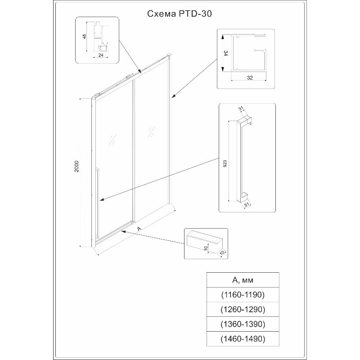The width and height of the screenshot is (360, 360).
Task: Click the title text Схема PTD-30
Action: [179, 14]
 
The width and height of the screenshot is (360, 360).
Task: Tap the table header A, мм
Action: [243, 280]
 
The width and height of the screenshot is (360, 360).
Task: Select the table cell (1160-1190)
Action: [243, 295]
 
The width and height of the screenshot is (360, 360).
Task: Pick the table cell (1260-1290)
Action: [243, 309]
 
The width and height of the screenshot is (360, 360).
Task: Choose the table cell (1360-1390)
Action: [243, 324]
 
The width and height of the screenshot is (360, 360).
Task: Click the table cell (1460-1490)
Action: [243, 339]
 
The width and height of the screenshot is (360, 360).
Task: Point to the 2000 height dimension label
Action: [76, 166]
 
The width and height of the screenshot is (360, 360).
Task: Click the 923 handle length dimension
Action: [225, 163]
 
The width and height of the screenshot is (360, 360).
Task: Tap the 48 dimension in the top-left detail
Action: [85, 36]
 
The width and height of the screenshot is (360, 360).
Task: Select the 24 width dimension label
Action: [101, 55]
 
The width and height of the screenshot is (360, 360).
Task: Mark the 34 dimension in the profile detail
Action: [226, 54]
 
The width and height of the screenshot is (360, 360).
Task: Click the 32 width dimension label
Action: [250, 77]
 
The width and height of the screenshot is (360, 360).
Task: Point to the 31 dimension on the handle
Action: [241, 108]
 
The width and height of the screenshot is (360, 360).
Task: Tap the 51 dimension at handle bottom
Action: [247, 205]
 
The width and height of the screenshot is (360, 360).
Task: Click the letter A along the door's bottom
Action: [139, 229]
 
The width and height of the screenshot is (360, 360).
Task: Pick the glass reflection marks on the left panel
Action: [112, 140]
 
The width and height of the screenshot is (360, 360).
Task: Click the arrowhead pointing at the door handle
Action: [102, 200]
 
